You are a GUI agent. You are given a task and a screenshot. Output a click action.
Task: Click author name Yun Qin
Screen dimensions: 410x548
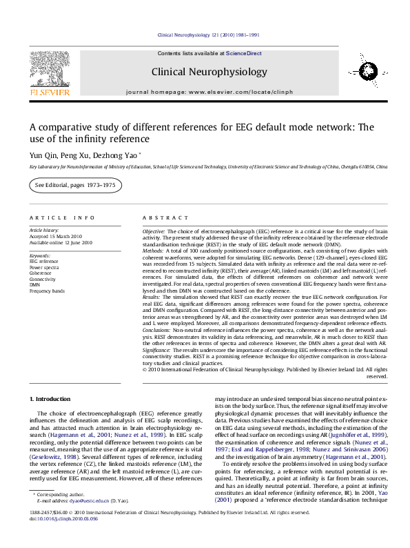click(x=40, y=156)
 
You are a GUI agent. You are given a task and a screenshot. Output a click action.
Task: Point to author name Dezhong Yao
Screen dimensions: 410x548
click(x=115, y=156)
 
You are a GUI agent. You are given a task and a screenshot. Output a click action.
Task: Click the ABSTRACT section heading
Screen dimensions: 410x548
click(x=161, y=216)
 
